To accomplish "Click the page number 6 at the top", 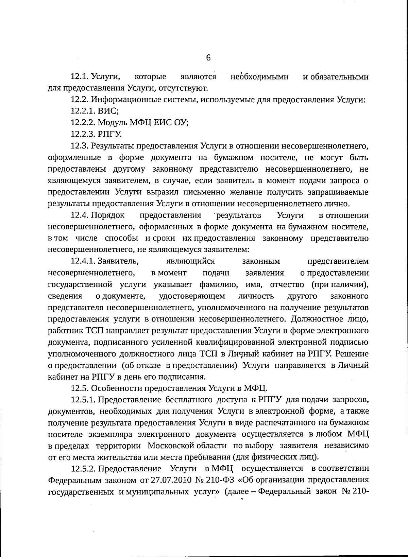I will click(208, 57).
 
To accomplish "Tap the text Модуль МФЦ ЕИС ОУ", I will click(143, 122).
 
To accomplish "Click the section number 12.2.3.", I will click(83, 134).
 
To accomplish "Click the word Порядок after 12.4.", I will click(108, 215).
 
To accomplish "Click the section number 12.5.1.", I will click(83, 400).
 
